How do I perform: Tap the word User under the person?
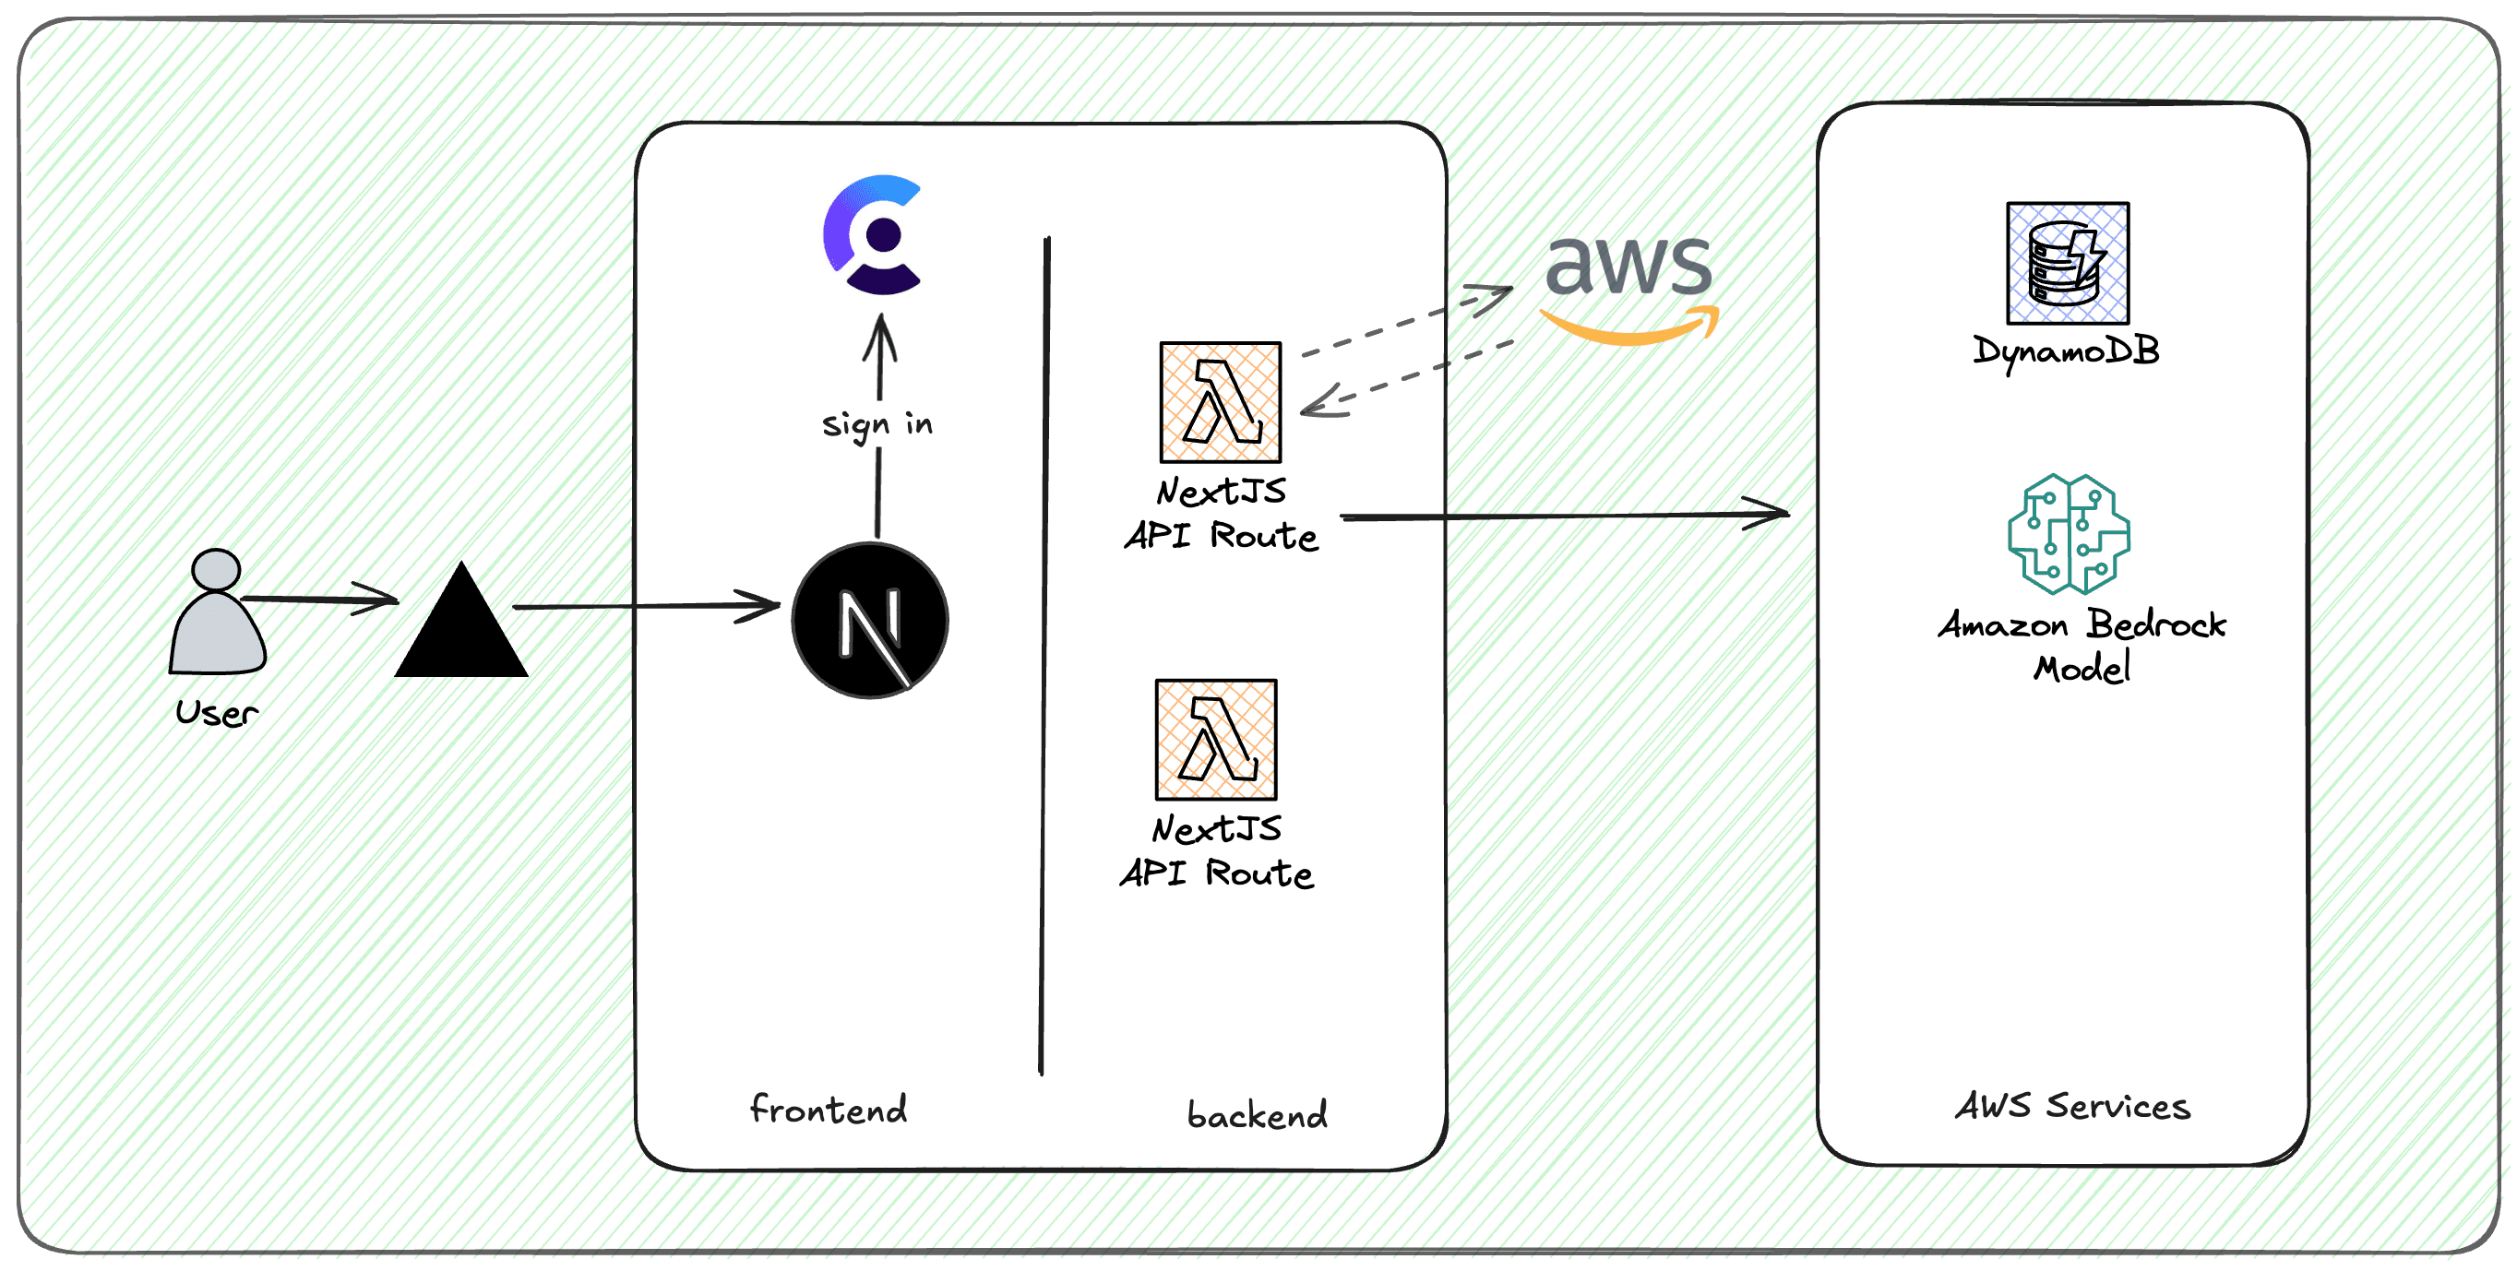217,713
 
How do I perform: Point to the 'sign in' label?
877,424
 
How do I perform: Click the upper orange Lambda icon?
1220,401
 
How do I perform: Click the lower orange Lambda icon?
1215,740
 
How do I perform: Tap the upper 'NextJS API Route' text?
1221,514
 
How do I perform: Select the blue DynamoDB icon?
2067,263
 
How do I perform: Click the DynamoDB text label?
2065,350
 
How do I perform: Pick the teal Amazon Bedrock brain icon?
2069,533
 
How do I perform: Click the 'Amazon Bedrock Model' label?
2082,646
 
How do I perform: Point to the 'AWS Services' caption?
2071,1106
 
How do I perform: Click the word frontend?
828,1109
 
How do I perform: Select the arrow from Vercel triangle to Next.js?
645,607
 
